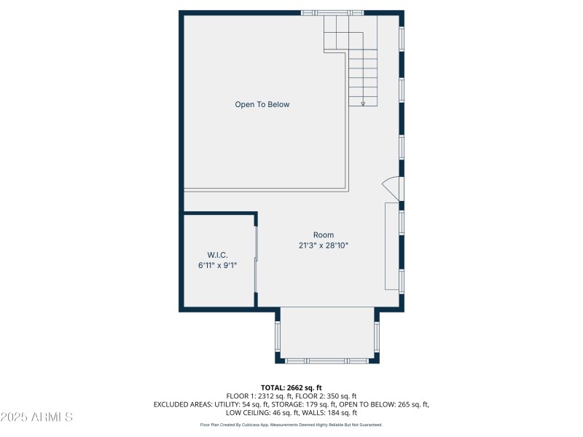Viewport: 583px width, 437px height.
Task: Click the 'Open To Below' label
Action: [x=262, y=105]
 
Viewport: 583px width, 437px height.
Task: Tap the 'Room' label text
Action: [x=324, y=235]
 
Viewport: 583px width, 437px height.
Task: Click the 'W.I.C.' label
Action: [x=217, y=255]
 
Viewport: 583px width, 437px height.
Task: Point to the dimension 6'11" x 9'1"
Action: [x=217, y=266]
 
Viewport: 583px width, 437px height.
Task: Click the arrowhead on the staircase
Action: [x=363, y=103]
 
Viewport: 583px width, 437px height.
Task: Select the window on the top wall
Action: [x=332, y=12]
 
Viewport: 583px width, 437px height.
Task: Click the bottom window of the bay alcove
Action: [x=326, y=361]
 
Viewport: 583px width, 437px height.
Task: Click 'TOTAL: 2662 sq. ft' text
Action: [x=291, y=387]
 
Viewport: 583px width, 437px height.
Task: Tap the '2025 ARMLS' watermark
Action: [x=37, y=417]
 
